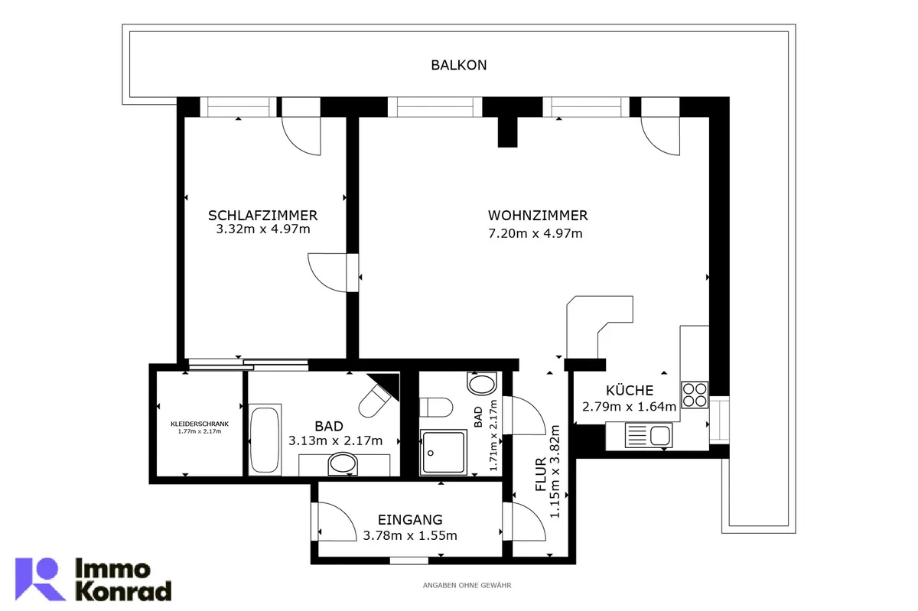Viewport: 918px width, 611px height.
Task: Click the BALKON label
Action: pyautogui.click(x=458, y=65)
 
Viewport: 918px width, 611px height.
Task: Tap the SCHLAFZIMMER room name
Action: pyautogui.click(x=262, y=215)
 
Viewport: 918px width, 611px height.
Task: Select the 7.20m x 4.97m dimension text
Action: pyautogui.click(x=535, y=233)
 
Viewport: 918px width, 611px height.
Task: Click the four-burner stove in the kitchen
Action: pyautogui.click(x=695, y=395)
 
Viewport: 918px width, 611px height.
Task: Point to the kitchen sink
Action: pyautogui.click(x=649, y=435)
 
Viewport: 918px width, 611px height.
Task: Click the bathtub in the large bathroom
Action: pyautogui.click(x=265, y=439)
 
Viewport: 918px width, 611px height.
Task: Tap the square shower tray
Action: pyautogui.click(x=444, y=452)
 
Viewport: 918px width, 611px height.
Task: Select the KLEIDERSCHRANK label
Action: pyautogui.click(x=200, y=424)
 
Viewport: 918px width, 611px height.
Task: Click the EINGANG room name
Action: pyautogui.click(x=410, y=519)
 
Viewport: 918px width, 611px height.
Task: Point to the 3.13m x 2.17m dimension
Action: pyautogui.click(x=335, y=440)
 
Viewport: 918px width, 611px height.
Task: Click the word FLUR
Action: pyautogui.click(x=541, y=474)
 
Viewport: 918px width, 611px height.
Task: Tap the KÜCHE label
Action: pyautogui.click(x=630, y=390)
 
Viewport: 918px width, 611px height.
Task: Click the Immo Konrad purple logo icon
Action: pyautogui.click(x=40, y=579)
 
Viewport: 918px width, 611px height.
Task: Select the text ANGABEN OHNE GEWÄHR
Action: pyautogui.click(x=467, y=586)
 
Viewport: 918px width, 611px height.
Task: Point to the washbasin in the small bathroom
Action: pyautogui.click(x=482, y=384)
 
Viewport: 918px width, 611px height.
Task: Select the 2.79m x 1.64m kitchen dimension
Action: pyautogui.click(x=629, y=407)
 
